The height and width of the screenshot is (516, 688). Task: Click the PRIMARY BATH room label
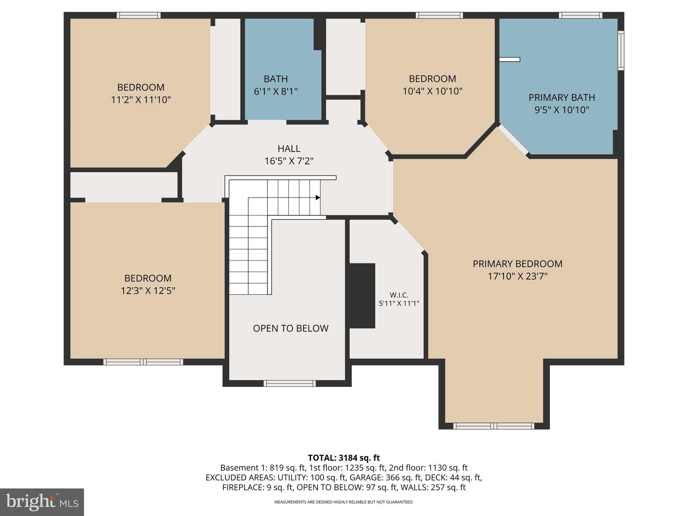click(x=561, y=97)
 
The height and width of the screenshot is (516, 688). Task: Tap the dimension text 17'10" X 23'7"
click(x=517, y=276)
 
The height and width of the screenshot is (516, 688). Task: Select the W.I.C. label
click(x=399, y=295)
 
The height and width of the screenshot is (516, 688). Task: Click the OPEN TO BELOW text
click(x=291, y=328)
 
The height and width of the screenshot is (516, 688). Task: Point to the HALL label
click(x=289, y=148)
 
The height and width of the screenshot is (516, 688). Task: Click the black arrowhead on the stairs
click(x=317, y=198)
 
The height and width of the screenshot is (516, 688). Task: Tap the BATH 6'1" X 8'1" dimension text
click(x=275, y=91)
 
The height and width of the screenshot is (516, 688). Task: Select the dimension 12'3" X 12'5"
click(x=148, y=291)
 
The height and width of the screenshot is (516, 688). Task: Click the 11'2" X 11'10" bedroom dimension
click(x=141, y=100)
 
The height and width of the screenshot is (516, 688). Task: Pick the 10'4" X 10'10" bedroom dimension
click(x=432, y=91)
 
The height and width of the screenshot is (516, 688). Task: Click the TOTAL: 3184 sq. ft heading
click(x=344, y=458)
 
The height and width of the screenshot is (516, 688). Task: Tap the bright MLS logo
click(x=42, y=502)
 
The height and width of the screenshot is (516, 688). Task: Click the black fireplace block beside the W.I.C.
click(x=362, y=296)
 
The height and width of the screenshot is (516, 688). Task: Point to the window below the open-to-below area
click(x=289, y=383)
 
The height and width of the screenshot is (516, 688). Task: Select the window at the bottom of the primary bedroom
click(x=493, y=426)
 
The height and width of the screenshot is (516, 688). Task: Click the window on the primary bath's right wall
click(x=621, y=50)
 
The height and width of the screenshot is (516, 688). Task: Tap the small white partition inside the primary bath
click(x=509, y=59)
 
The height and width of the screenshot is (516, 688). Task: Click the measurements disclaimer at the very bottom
click(x=344, y=502)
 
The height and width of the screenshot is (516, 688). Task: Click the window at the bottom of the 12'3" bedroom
click(x=143, y=362)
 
